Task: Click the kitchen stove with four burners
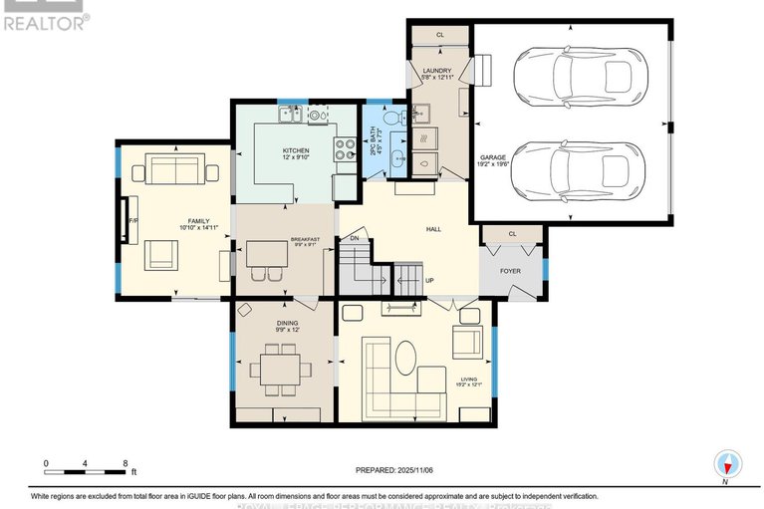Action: pyautogui.click(x=344, y=149)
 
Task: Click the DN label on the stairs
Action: pyautogui.click(x=354, y=239)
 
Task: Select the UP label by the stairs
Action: pyautogui.click(x=429, y=281)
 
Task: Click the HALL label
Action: pyautogui.click(x=433, y=230)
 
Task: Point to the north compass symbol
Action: pyautogui.click(x=728, y=464)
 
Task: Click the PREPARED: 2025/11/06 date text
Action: pyautogui.click(x=395, y=470)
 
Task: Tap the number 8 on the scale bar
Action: pyautogui.click(x=125, y=463)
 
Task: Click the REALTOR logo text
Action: pyautogui.click(x=46, y=21)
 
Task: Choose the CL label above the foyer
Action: pyautogui.click(x=512, y=234)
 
